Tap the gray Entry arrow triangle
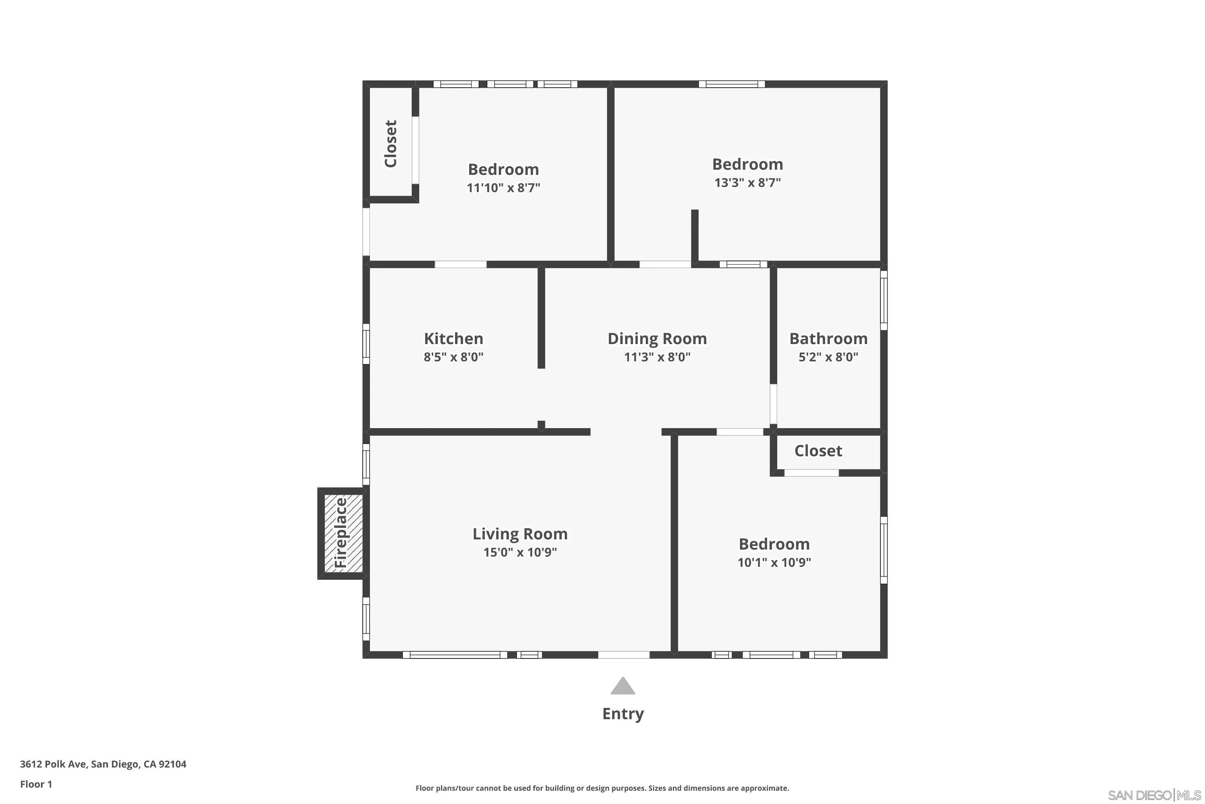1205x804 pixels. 623,686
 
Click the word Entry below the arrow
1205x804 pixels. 623,714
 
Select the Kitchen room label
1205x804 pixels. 453,339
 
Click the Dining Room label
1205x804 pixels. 657,339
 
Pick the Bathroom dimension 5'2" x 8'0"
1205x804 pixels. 828,357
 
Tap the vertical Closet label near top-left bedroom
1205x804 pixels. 391,144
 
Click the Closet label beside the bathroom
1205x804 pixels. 818,451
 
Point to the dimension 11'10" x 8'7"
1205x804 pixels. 503,188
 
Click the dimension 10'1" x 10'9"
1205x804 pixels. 774,562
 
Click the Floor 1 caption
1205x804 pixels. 36,784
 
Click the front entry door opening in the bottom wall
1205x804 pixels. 623,655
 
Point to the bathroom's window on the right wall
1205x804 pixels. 884,300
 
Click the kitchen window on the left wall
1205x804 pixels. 366,344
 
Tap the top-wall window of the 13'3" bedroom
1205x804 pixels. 731,84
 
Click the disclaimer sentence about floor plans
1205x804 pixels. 602,788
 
